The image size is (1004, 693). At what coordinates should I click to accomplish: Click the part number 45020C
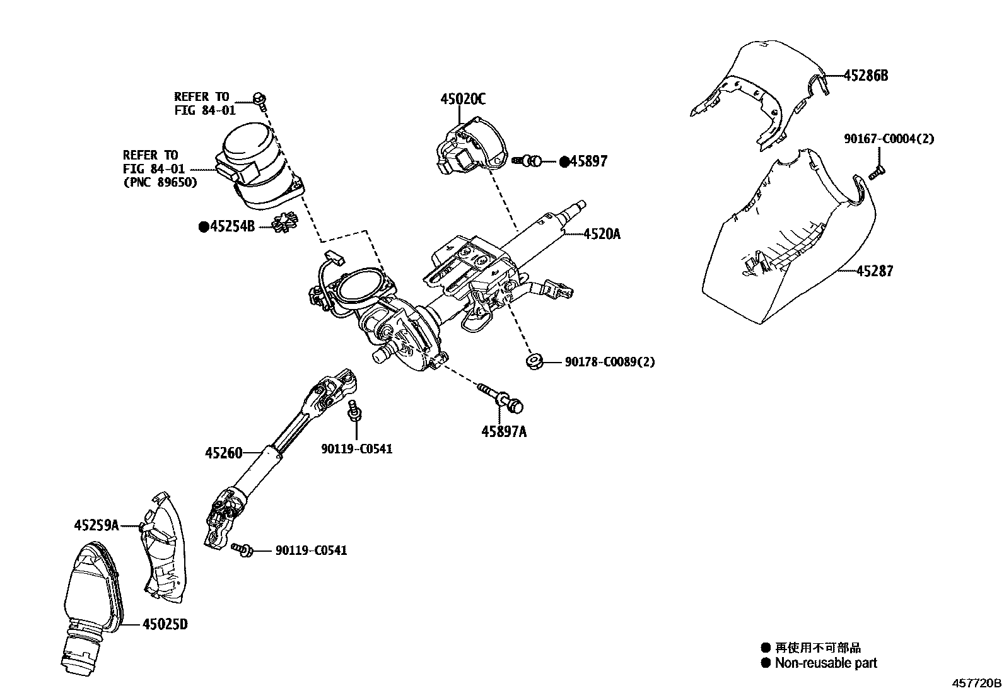pos(463,99)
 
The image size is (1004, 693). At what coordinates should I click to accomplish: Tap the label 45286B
pos(866,76)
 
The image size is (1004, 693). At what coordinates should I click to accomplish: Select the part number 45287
pos(875,271)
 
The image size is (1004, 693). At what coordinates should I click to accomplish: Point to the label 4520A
pos(602,234)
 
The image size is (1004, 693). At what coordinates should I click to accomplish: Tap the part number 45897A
pos(504,432)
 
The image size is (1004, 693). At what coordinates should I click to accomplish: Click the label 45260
pos(223,453)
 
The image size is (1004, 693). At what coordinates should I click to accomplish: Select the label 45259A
pos(96,525)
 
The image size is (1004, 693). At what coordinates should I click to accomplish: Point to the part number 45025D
pos(165,624)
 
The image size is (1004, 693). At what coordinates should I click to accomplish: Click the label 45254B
pos(232,226)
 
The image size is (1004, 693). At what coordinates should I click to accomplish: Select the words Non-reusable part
pos(826,663)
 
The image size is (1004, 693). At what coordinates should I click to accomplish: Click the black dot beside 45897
pos(564,161)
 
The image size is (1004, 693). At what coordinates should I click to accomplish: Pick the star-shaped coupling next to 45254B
pos(284,223)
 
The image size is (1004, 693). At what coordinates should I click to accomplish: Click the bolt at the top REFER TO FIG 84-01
pos(259,97)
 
